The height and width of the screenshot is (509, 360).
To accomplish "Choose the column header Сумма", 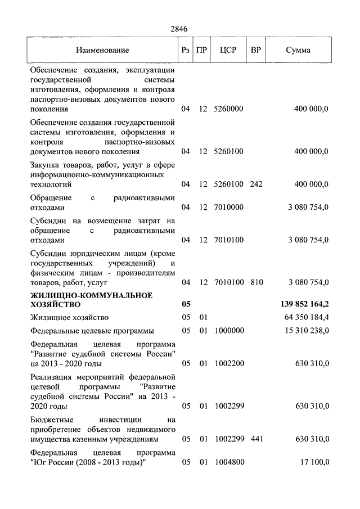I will tap(298, 50).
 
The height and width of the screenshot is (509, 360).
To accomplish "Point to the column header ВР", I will tap(256, 50).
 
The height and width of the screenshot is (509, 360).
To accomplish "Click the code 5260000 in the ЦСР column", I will tap(228, 109).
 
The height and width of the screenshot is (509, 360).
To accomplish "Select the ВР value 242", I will tap(256, 184).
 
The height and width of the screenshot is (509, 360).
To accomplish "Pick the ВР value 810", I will tap(256, 282).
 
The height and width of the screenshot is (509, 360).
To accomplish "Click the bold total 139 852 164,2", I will tap(304, 304).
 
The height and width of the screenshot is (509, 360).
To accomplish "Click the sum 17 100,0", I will tap(314, 462).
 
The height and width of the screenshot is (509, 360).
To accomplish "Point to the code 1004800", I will tap(228, 462).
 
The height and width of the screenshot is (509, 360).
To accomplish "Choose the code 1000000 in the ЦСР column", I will tap(228, 331).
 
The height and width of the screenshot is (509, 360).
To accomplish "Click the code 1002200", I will tap(228, 364).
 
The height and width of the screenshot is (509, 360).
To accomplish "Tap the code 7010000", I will tap(228, 207).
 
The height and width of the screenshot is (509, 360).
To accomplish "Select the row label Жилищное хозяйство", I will tap(69, 318).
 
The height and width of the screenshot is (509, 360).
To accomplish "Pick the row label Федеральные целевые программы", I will tap(92, 331).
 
